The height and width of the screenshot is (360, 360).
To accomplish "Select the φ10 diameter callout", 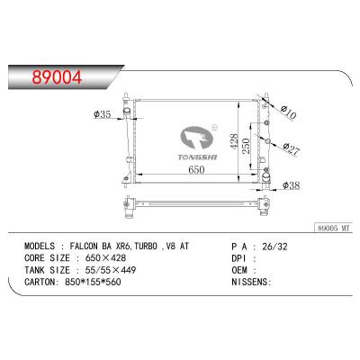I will pos(288,112).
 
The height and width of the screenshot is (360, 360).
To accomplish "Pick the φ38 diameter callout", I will pos(290,185).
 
